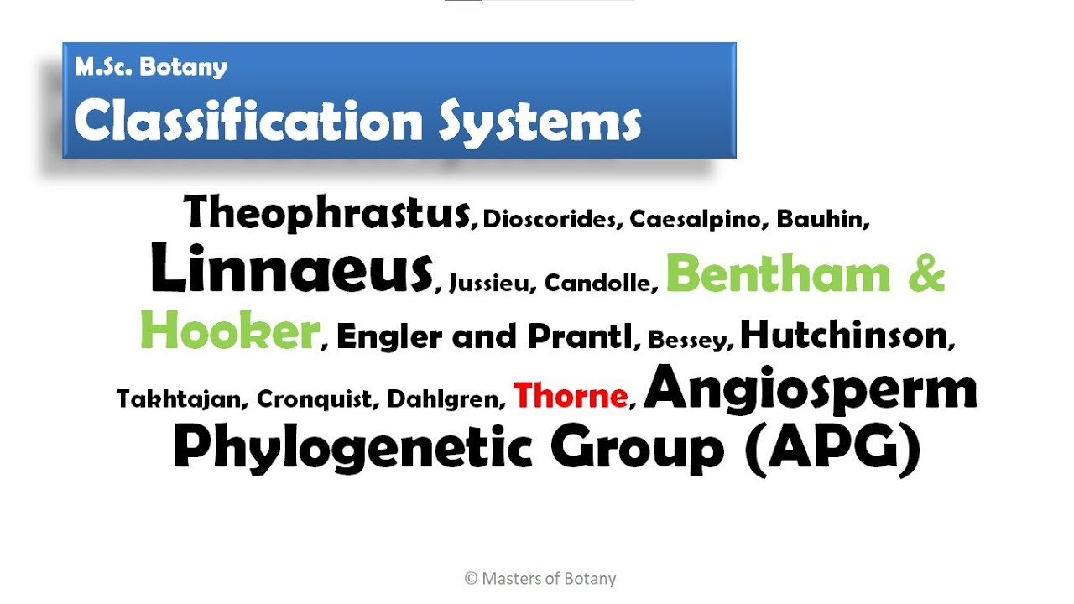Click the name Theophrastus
pyautogui.click(x=327, y=212)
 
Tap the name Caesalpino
pyautogui.click(x=697, y=220)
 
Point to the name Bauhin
pyautogui.click(x=821, y=219)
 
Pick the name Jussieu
pyautogui.click(x=491, y=284)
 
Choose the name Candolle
pyautogui.click(x=599, y=283)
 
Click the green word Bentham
pyautogui.click(x=778, y=273)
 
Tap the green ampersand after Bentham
pyautogui.click(x=925, y=273)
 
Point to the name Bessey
pyautogui.click(x=691, y=340)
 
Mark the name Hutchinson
pyautogui.click(x=844, y=335)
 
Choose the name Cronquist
pyautogui.click(x=315, y=398)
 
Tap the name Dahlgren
pyautogui.click(x=444, y=398)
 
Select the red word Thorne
pyautogui.click(x=571, y=395)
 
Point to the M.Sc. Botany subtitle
pyautogui.click(x=151, y=67)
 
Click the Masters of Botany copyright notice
pyautogui.click(x=540, y=579)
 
